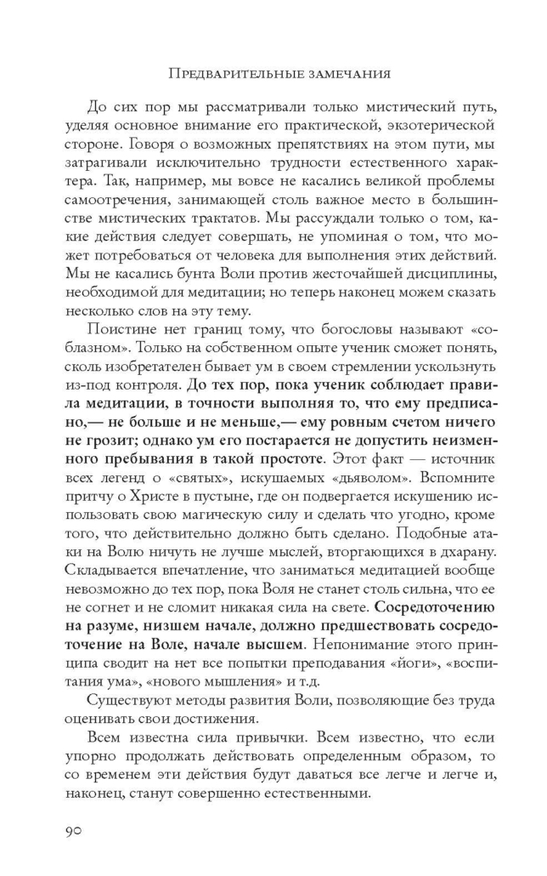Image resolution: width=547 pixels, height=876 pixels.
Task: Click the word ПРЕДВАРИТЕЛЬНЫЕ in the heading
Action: pos(228,74)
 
